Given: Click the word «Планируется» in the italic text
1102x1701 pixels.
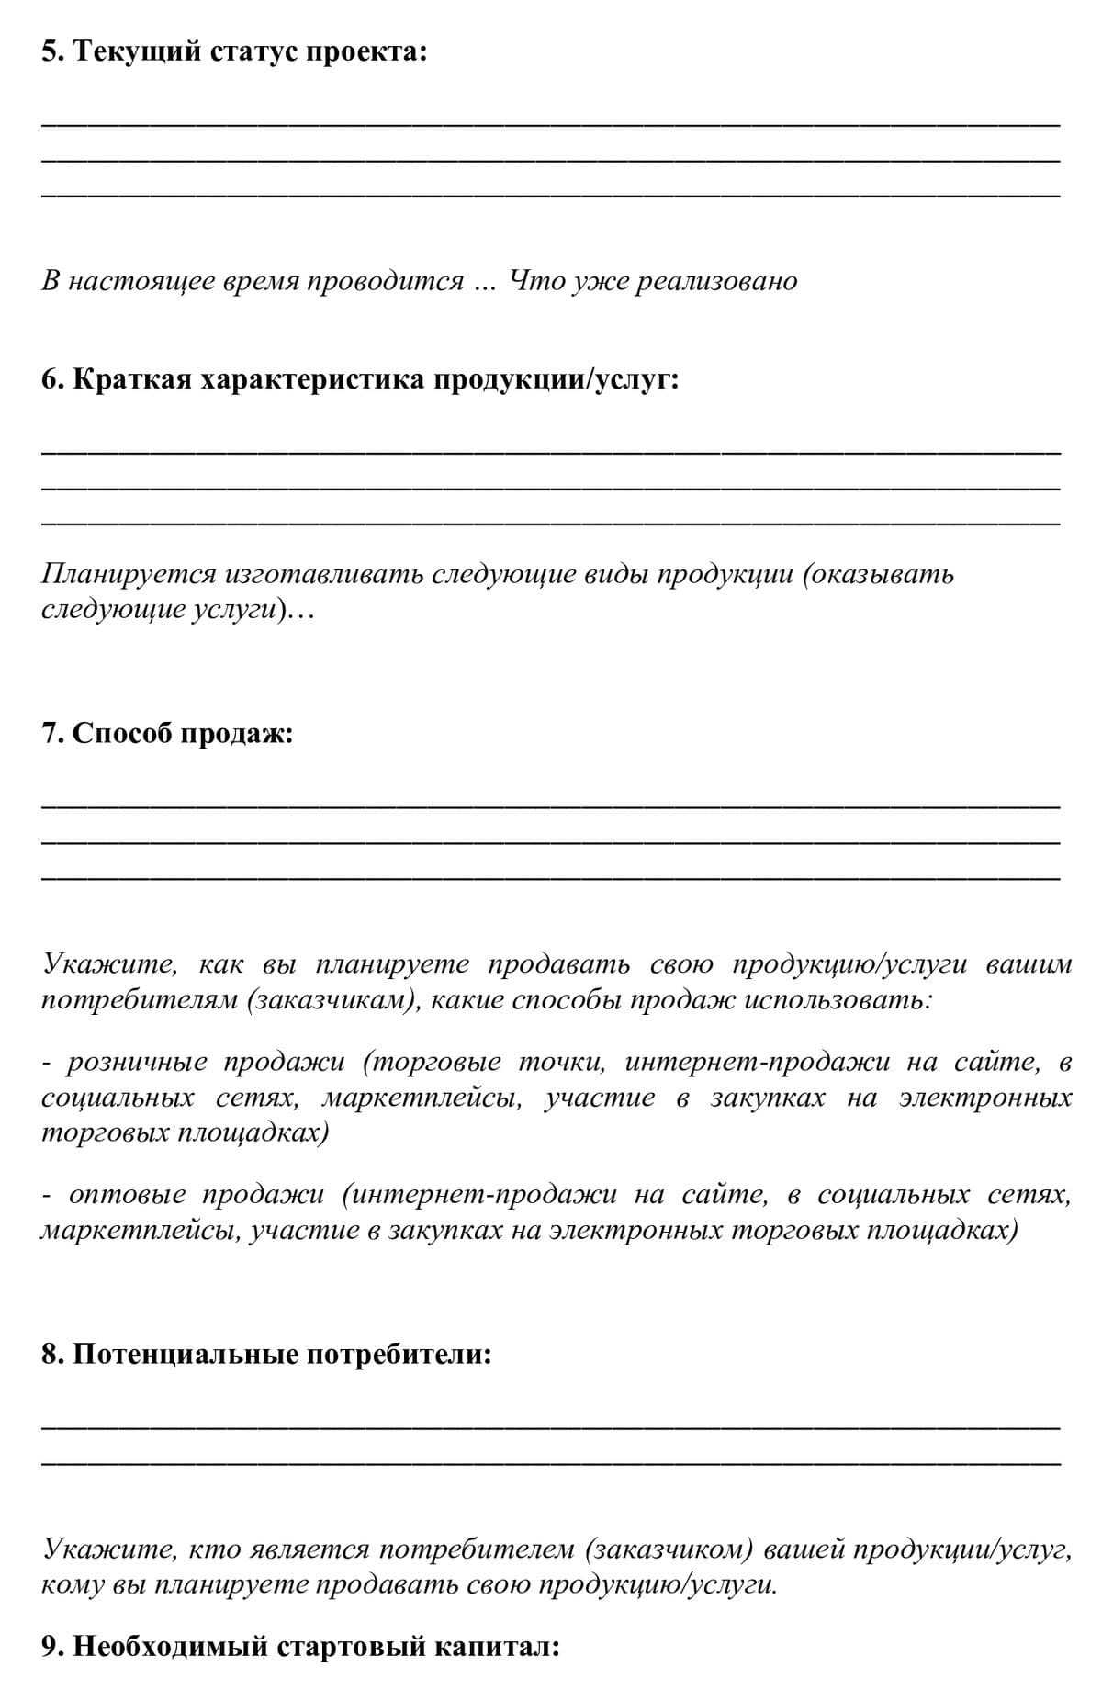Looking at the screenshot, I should (129, 574).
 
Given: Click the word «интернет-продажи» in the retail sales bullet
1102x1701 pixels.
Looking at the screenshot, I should (758, 1063).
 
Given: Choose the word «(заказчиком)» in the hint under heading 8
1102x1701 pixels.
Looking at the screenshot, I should (669, 1549).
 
